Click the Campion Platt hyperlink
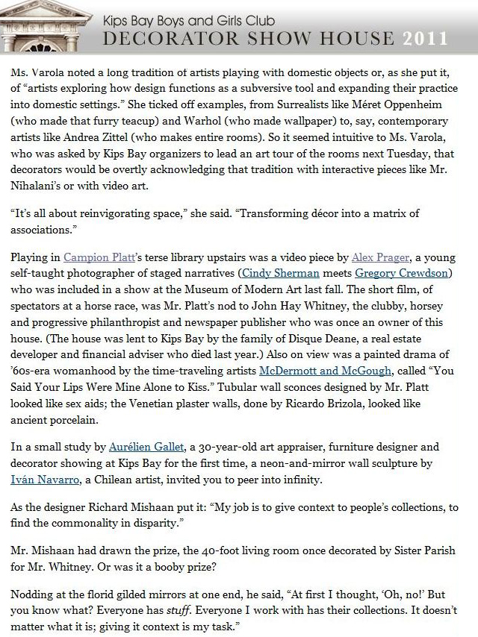click(x=93, y=257)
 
